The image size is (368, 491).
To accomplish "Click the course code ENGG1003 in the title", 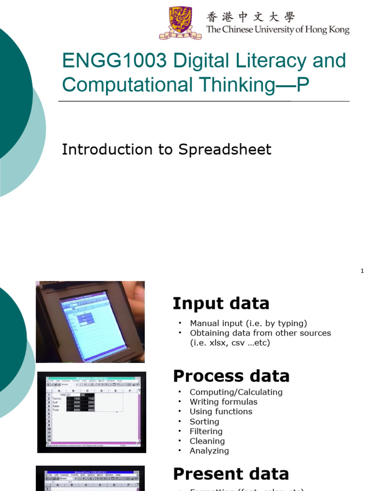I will [114, 61].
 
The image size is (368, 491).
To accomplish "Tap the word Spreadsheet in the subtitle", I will [225, 150].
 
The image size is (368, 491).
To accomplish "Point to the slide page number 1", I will [362, 271].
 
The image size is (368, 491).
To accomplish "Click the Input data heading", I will [221, 304].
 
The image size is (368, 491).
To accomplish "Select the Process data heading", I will [231, 376].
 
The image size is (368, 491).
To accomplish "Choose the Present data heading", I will [230, 474].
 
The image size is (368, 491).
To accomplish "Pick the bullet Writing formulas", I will [223, 402].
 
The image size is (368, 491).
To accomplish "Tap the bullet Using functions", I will [221, 411].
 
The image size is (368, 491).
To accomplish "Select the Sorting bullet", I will [204, 421].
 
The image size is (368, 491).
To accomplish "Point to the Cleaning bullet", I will [207, 441].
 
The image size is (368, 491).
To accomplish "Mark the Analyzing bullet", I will [209, 451].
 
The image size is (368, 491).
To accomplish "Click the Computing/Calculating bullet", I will [236, 392].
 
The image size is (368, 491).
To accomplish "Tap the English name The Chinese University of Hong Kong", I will [277, 30].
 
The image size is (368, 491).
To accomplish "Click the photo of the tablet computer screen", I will [90, 322].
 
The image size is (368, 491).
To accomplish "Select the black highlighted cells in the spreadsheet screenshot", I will [81, 404].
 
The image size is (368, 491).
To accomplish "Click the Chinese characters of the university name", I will [250, 17].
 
